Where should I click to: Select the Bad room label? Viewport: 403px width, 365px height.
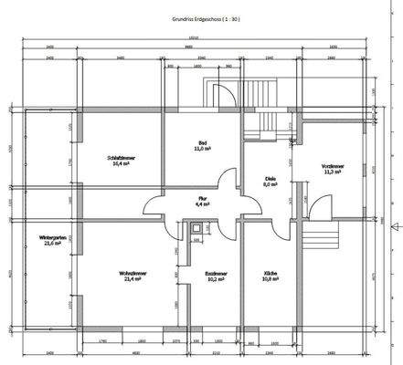[203, 143]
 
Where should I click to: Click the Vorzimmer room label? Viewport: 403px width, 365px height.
[332, 165]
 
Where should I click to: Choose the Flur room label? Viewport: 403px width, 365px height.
[203, 198]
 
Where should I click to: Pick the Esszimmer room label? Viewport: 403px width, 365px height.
[216, 274]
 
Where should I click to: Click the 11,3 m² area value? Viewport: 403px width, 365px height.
[332, 172]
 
